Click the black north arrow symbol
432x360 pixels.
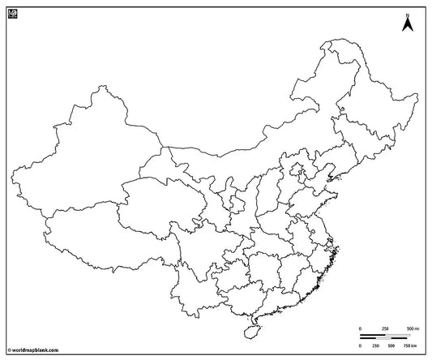point(409,26)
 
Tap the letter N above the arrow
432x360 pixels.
point(409,14)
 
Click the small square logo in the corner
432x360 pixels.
point(11,11)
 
